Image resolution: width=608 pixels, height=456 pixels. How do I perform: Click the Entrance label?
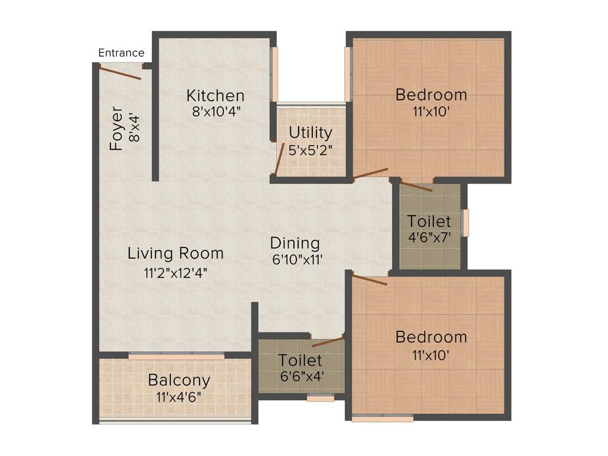[x=121, y=53]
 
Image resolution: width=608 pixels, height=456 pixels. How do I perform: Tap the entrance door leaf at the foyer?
[x=120, y=72]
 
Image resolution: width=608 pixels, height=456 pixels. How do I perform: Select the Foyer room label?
[x=116, y=128]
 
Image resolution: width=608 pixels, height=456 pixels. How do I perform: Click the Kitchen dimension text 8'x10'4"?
[x=216, y=111]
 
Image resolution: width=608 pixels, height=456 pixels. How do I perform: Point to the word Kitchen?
[x=215, y=96]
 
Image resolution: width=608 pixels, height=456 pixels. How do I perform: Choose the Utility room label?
[x=311, y=132]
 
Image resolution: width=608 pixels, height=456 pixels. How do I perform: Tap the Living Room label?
[x=176, y=254]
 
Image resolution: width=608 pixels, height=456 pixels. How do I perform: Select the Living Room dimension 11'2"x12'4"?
[x=176, y=273]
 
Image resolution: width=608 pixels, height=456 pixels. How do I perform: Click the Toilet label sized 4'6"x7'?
[x=429, y=221]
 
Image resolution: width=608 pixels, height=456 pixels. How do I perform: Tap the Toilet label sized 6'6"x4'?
[x=300, y=360]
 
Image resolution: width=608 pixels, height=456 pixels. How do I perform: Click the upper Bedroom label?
[x=431, y=94]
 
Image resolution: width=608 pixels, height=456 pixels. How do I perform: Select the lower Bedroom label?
[x=431, y=337]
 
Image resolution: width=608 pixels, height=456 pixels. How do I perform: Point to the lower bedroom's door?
[x=369, y=279]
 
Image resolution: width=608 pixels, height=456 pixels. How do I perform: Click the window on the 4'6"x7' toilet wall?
[x=466, y=223]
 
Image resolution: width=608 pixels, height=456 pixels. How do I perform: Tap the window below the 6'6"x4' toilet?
[x=320, y=398]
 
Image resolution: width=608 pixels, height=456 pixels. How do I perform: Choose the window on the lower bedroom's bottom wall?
[x=382, y=419]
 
